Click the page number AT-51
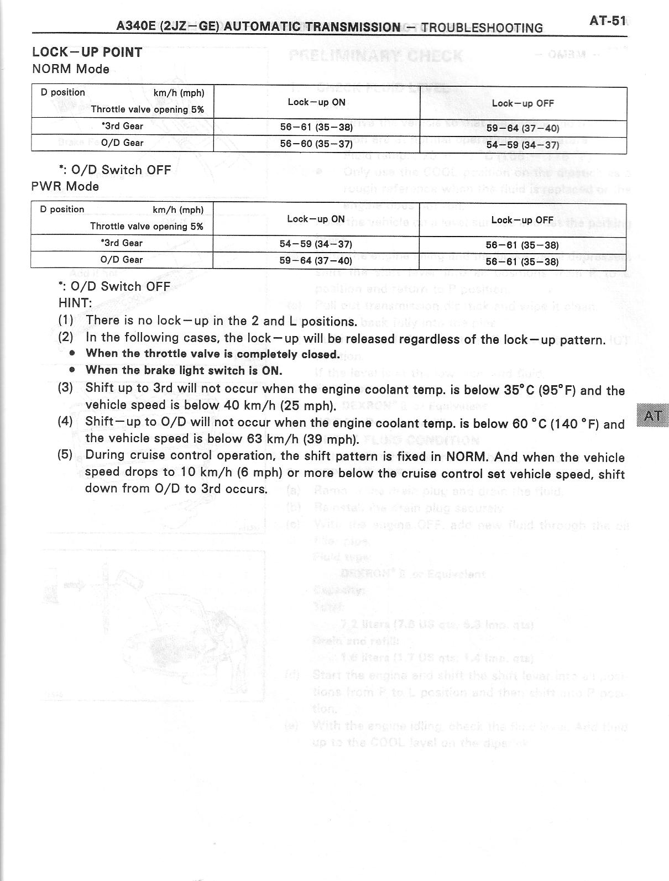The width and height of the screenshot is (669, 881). click(607, 21)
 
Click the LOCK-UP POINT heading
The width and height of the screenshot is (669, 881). click(87, 53)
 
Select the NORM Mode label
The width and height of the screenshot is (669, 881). click(70, 69)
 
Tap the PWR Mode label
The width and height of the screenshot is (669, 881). click(65, 186)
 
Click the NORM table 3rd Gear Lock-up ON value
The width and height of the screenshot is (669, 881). click(316, 127)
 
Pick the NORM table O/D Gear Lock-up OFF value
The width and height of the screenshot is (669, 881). click(522, 145)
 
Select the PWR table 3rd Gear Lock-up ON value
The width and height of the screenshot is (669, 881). click(316, 244)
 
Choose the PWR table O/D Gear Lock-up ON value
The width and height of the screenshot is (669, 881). click(316, 259)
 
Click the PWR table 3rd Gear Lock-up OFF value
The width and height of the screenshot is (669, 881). click(522, 245)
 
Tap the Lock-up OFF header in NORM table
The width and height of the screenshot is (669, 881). click(522, 103)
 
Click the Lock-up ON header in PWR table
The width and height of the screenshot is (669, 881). click(316, 219)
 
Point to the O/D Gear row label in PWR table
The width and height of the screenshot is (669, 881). click(122, 260)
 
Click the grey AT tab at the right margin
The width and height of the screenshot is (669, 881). click(652, 416)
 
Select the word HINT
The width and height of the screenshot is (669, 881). click(75, 303)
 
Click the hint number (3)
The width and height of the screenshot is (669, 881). click(65, 387)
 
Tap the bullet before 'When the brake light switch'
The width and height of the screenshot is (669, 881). click(72, 370)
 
